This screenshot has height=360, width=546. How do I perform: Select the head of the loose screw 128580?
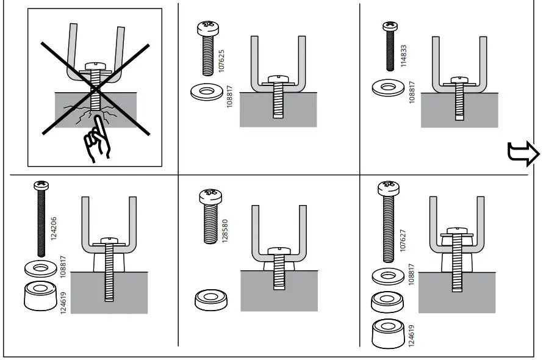tap(210, 196)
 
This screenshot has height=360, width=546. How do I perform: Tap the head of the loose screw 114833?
tap(389, 26)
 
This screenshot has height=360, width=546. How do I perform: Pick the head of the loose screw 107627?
tap(388, 187)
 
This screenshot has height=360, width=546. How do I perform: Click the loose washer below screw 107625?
tap(207, 92)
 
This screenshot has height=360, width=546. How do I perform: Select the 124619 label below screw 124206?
tap(63, 301)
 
